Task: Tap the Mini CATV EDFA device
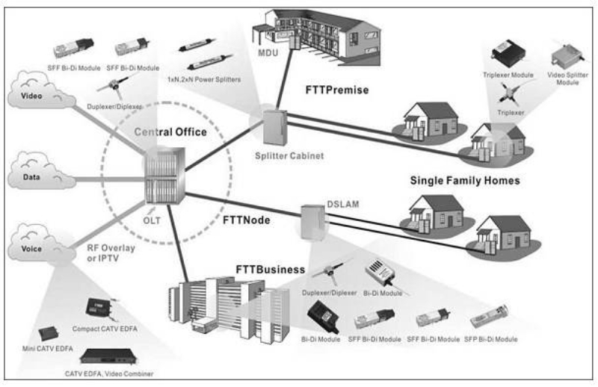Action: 53,334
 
